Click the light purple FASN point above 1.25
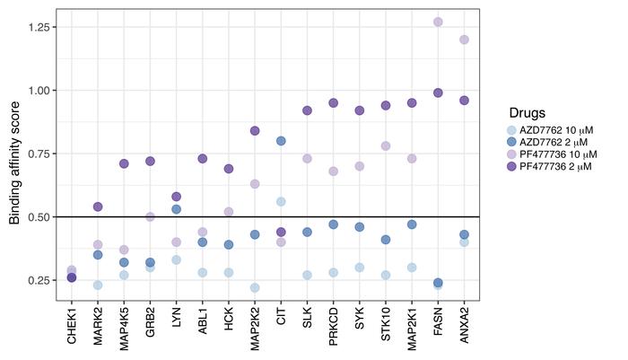click(439, 22)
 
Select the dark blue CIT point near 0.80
click(281, 141)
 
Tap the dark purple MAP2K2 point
click(255, 131)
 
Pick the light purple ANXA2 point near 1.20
click(465, 40)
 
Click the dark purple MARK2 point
click(98, 206)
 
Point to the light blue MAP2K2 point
click(255, 287)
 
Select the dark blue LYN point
click(177, 209)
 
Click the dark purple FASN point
click(439, 92)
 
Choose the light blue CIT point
click(281, 202)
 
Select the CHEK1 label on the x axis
click(72, 329)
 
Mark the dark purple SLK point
click(308, 110)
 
